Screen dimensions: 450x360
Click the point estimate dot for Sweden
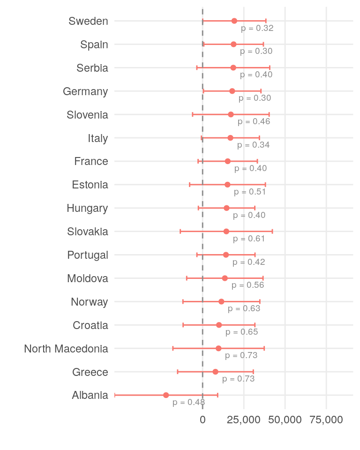pos(234,21)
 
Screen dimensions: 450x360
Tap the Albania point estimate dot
pos(166,395)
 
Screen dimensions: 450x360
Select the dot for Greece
pos(216,372)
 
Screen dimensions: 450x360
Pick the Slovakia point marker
pos(226,232)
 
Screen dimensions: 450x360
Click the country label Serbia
pos(92,68)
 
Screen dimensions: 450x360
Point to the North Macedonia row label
pos(66,349)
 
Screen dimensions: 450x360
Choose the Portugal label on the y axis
pos(88,255)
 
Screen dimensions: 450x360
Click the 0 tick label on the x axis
pos(202,420)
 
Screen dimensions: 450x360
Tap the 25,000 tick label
pos(244,420)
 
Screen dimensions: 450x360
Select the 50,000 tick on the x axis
pos(285,420)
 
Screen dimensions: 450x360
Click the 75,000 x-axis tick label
pos(326,420)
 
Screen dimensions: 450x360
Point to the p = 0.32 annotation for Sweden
pos(257,28)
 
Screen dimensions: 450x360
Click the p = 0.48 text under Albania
pos(189,402)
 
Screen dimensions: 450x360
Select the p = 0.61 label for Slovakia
pos(249,239)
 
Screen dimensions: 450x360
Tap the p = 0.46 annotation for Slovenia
pos(254,121)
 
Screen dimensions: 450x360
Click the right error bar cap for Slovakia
pos(272,232)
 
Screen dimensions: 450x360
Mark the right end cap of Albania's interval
pos(217,395)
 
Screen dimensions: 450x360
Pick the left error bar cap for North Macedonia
pos(173,348)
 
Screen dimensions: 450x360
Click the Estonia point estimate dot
pos(228,185)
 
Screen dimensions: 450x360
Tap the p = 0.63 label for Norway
pos(244,308)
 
